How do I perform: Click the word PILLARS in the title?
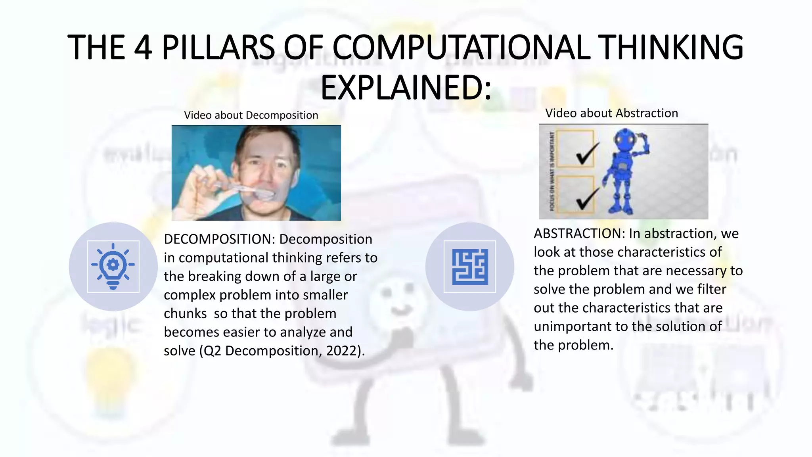click(x=218, y=48)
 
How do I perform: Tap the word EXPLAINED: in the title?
click(x=406, y=88)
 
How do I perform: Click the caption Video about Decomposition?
click(x=251, y=115)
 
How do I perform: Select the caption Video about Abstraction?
click(x=611, y=113)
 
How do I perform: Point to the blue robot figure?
click(x=624, y=171)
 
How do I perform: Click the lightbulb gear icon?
click(x=113, y=266)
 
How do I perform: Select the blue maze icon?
click(x=470, y=267)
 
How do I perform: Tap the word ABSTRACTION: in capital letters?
click(x=579, y=234)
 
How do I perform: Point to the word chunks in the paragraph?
click(x=185, y=314)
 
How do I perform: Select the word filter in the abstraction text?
click(x=712, y=289)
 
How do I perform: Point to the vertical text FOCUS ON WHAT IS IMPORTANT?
click(x=552, y=171)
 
